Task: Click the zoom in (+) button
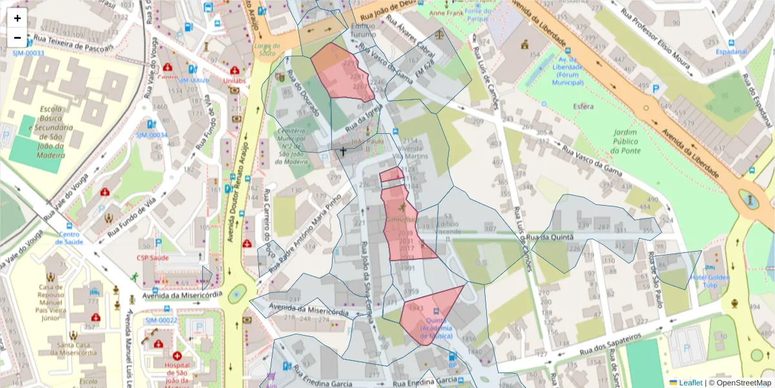[17, 18]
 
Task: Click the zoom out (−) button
[17, 38]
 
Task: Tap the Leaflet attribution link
[690, 383]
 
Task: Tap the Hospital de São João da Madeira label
[177, 373]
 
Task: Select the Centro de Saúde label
[70, 238]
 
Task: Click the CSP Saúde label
[152, 257]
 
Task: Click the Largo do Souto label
[267, 50]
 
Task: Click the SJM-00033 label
[28, 53]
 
